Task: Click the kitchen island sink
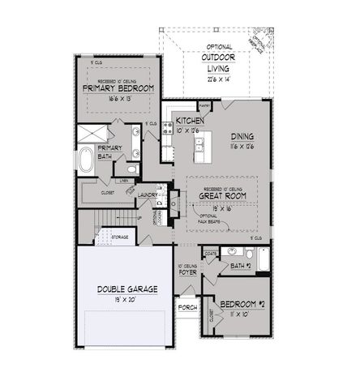pyautogui.click(x=198, y=146)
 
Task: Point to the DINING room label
pyautogui.click(x=244, y=136)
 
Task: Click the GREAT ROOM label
pyautogui.click(x=222, y=194)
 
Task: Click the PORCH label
pyautogui.click(x=188, y=307)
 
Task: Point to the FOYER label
pyautogui.click(x=188, y=272)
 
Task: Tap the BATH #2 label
pyautogui.click(x=242, y=267)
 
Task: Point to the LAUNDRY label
pyautogui.click(x=147, y=194)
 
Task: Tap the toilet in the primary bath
pyautogui.click(x=131, y=169)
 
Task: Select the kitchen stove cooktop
pyautogui.click(x=166, y=147)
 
